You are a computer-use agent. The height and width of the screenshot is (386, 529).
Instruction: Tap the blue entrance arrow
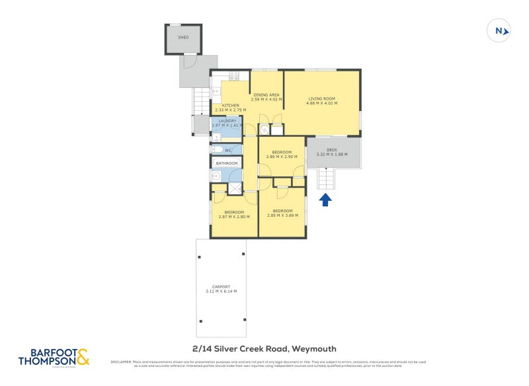tap(325, 199)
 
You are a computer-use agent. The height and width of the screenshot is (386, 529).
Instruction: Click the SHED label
tap(183, 37)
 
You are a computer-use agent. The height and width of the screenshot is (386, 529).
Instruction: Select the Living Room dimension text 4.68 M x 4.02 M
tap(322, 103)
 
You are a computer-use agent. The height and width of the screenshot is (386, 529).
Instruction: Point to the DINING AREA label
tap(266, 95)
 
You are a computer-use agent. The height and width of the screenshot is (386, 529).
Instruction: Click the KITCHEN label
tap(230, 106)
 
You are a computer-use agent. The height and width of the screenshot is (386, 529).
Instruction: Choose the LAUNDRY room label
tap(227, 121)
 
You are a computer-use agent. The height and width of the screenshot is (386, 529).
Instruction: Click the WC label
tap(227, 151)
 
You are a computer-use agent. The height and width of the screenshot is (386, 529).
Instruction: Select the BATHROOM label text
tap(226, 163)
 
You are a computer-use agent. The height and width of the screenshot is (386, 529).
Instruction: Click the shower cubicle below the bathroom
tap(235, 189)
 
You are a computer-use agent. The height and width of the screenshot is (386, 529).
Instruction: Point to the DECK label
tap(332, 150)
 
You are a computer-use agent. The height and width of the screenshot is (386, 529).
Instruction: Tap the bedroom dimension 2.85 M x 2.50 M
tap(282, 157)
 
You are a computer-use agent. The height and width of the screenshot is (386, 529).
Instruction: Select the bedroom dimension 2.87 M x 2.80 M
tap(234, 216)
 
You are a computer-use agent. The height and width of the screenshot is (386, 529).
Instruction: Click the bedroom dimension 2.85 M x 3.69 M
tap(282, 215)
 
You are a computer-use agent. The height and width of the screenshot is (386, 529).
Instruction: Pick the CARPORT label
tap(221, 286)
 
